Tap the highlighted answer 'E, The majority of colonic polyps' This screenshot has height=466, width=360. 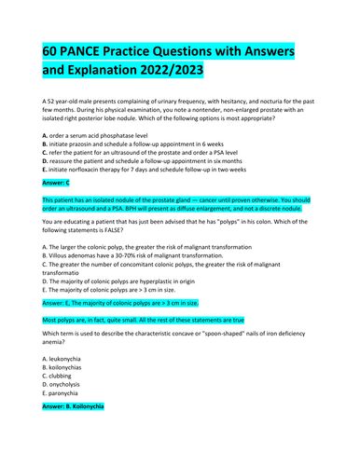120,303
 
